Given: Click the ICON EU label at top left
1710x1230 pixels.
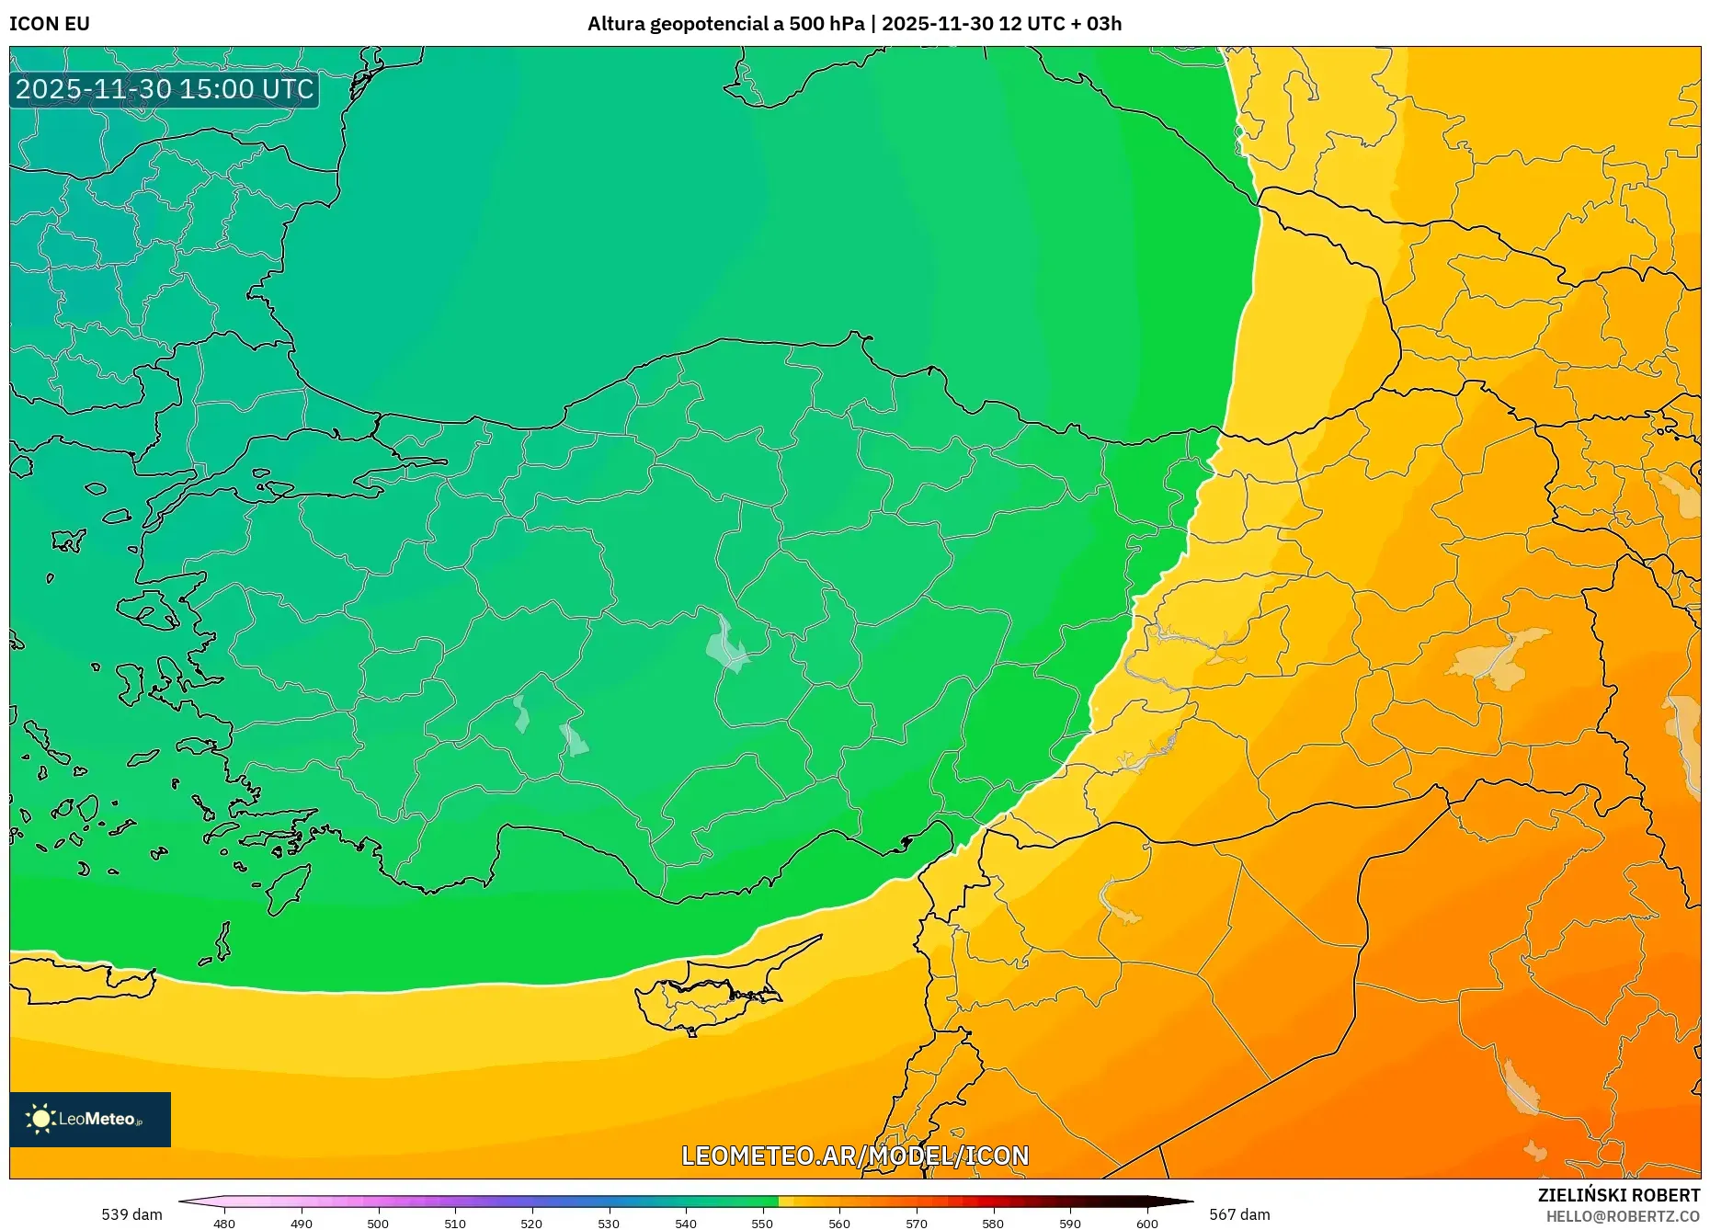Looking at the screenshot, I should pos(50,24).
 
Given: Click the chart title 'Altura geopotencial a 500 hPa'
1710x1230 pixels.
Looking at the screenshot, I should pos(725,24).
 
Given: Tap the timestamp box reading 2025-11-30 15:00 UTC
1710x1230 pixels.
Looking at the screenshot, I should pos(165,89).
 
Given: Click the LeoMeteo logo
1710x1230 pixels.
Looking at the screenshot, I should pos(90,1119).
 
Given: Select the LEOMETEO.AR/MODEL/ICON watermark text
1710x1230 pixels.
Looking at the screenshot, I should pos(855,1156).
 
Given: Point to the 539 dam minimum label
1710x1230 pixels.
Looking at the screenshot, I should pos(131,1214).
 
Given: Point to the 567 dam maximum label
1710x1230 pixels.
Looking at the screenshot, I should pos(1239,1214).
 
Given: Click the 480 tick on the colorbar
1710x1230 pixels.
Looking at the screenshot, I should pos(224,1223).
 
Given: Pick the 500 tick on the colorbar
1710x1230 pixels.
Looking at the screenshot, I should pos(378,1223).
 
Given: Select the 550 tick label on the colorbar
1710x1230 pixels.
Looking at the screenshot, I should pos(762,1223).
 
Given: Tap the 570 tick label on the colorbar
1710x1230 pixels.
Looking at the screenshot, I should pos(916,1223).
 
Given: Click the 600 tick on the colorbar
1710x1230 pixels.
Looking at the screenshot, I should pos(1146,1223).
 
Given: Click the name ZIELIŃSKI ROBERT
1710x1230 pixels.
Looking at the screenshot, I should pos(1618,1195).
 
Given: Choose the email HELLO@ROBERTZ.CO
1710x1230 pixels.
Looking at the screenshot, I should pos(1623,1216).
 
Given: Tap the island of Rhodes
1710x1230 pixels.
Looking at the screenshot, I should pos(287,887).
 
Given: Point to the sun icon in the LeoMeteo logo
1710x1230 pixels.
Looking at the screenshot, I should pos(41,1119).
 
